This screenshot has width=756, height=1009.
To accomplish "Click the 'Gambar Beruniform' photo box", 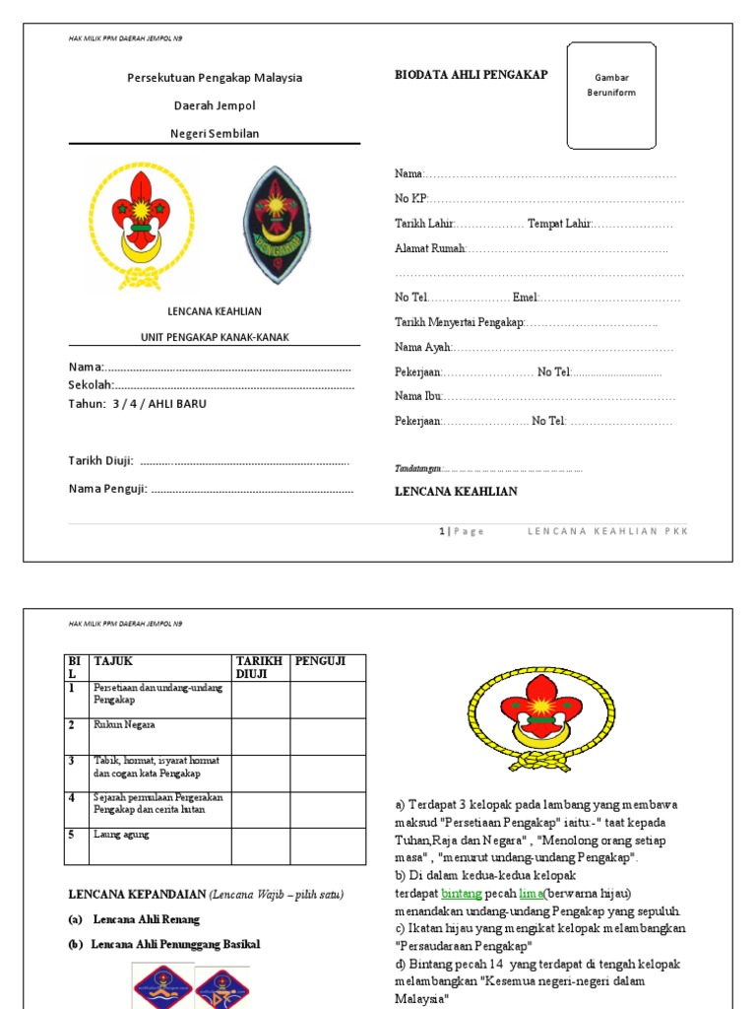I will point(611,96).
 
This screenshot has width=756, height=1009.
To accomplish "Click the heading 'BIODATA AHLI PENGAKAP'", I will point(472,75).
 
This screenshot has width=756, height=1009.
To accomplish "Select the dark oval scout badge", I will point(280,225).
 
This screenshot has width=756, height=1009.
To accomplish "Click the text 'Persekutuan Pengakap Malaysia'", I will point(215,78).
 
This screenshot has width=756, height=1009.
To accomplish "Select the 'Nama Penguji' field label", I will point(107,489).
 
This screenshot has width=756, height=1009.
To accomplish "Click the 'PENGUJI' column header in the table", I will point(320,661).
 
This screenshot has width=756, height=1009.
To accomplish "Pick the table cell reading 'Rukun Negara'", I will point(124,725).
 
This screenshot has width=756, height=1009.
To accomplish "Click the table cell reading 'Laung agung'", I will point(121,835).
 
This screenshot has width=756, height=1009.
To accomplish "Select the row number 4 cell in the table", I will point(72,796).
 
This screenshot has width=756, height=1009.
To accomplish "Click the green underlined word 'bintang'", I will point(462,893).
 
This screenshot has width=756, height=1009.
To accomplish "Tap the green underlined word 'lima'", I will point(531,893).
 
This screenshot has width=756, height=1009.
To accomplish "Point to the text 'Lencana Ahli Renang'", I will point(147,919).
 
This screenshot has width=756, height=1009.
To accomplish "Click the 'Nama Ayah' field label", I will point(423,348).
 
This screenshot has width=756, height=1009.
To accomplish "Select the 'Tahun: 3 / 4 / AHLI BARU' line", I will point(138,404).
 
